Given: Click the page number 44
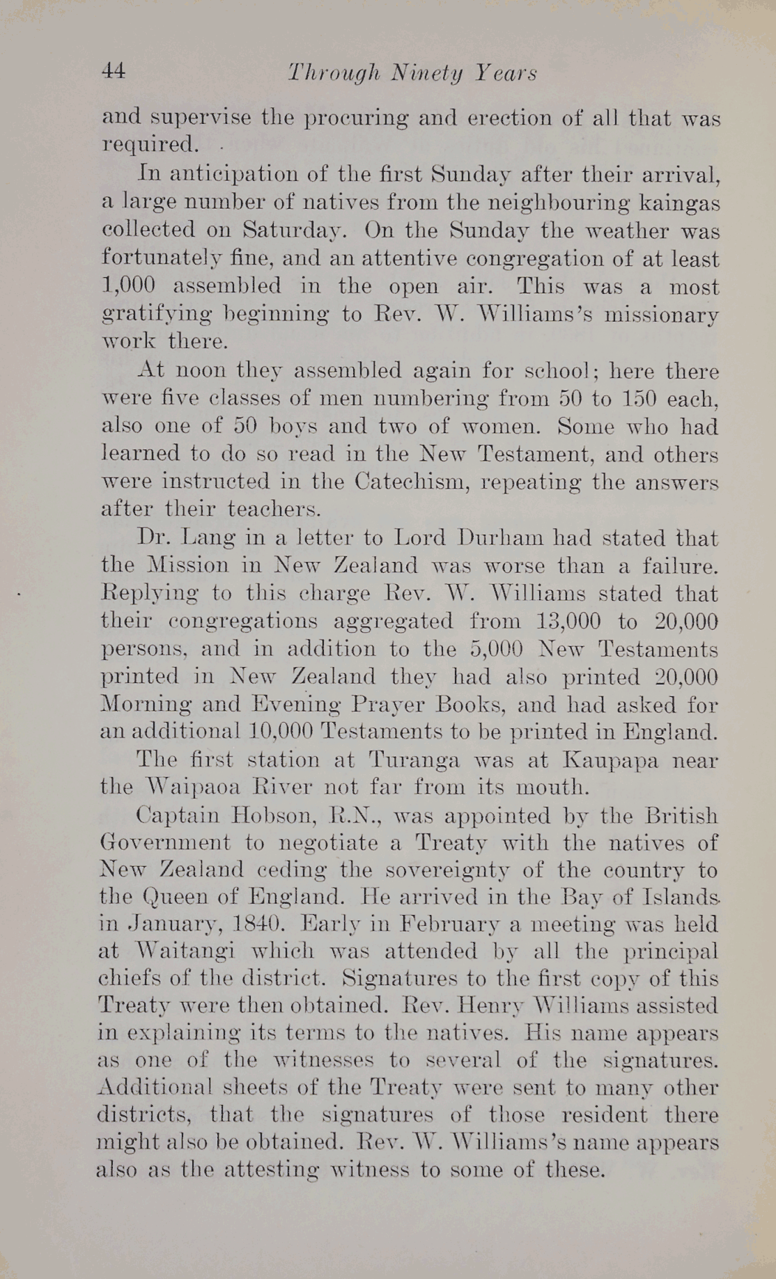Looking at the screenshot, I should [114, 71].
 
